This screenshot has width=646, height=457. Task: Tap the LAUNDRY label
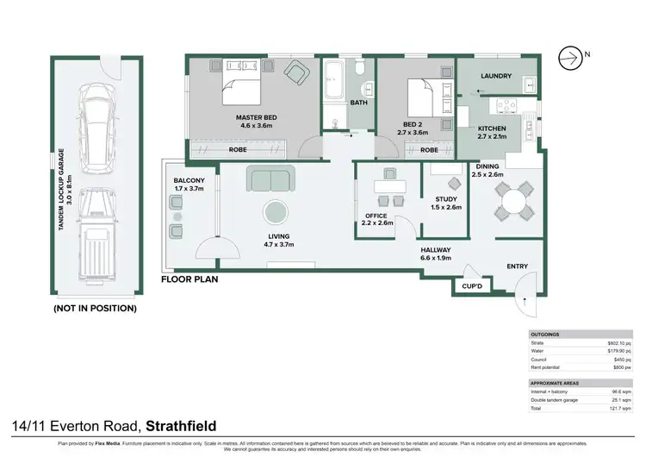click(496, 76)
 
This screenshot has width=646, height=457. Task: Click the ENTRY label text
click(517, 266)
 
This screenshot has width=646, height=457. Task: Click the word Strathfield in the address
click(181, 425)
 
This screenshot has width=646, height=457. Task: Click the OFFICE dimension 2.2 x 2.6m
click(377, 222)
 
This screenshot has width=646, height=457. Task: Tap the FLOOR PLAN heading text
click(189, 280)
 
